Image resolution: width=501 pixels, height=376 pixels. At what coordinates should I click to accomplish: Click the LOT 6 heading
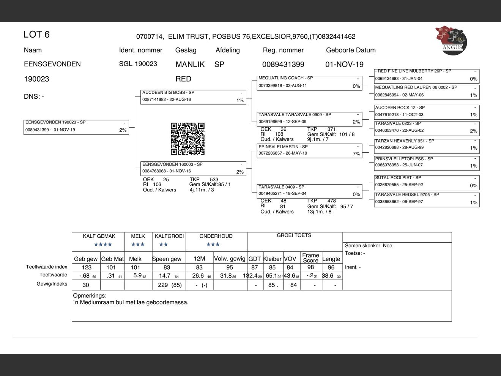(36, 35)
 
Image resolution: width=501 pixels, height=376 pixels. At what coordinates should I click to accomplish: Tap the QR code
(187, 139)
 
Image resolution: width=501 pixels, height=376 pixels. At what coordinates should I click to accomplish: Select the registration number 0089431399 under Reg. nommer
(283, 65)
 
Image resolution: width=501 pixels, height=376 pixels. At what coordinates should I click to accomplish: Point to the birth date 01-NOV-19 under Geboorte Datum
(344, 65)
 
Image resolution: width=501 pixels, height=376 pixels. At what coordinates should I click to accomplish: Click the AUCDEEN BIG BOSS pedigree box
(193, 96)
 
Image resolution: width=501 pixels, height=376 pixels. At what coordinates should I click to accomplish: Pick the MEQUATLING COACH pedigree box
(309, 82)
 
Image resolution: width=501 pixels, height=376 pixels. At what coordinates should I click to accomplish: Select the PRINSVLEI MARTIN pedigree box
(309, 150)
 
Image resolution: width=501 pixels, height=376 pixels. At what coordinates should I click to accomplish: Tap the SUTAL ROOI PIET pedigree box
(427, 182)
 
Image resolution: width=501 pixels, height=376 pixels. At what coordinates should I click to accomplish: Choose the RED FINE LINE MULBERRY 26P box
(427, 75)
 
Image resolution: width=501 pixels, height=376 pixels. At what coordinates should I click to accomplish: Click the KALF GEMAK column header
(99, 236)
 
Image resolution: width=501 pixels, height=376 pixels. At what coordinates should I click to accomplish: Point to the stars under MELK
(138, 245)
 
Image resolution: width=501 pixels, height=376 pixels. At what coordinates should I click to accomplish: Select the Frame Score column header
(310, 258)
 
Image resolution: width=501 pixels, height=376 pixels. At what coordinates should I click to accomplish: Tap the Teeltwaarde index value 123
(87, 267)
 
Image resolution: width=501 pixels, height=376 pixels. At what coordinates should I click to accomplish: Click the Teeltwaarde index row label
(46, 267)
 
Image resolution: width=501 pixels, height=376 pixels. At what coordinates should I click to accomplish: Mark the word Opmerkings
(90, 295)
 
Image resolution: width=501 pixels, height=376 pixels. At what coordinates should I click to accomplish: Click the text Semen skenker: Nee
(368, 246)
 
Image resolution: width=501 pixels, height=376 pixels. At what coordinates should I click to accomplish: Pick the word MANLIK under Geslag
(190, 65)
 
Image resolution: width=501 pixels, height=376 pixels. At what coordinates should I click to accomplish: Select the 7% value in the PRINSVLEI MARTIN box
(356, 154)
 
